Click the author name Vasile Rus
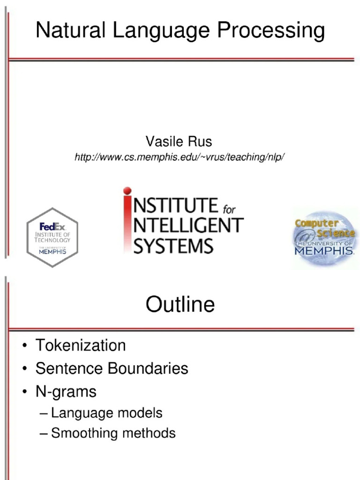tap(179, 141)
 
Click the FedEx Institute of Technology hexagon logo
tap(52, 238)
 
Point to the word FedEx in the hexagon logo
tap(52, 225)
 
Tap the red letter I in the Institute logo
tap(127, 220)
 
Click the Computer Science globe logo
tap(324, 237)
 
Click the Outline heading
tap(180, 305)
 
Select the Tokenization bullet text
tap(81, 345)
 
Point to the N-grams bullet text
tap(66, 391)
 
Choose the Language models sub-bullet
tap(106, 413)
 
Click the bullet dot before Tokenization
tap(24, 346)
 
